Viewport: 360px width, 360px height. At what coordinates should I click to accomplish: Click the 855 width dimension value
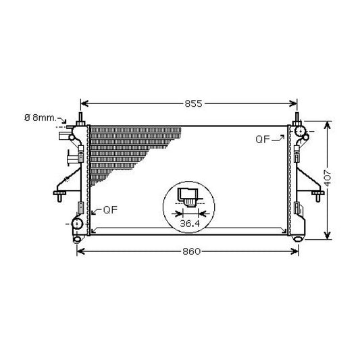coord(194,103)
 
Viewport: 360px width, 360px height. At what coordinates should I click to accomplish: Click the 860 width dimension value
coord(191,251)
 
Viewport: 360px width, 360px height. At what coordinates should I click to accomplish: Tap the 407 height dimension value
coord(328,178)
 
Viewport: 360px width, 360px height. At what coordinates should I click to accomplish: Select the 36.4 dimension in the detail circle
coord(190,223)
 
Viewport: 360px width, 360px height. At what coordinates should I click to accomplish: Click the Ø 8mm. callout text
coord(41,118)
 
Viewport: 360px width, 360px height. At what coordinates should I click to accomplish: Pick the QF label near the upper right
coord(263,139)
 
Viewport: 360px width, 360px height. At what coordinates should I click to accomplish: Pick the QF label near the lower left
coord(111,209)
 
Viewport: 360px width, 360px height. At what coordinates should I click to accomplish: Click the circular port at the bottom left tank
coord(77,224)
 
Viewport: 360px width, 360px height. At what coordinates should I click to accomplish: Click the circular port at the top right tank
coord(300,131)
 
